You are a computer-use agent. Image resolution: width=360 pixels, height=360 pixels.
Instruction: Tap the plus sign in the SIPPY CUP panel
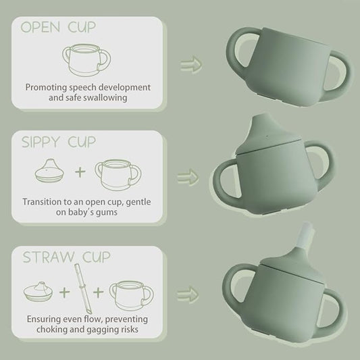[80, 172]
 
